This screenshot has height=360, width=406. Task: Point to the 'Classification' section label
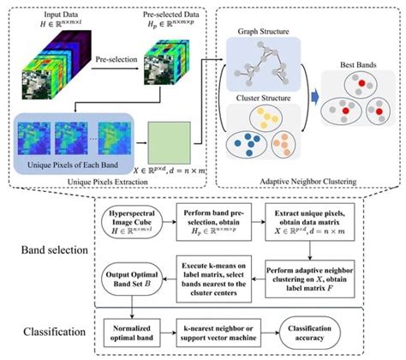[x=50, y=329]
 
